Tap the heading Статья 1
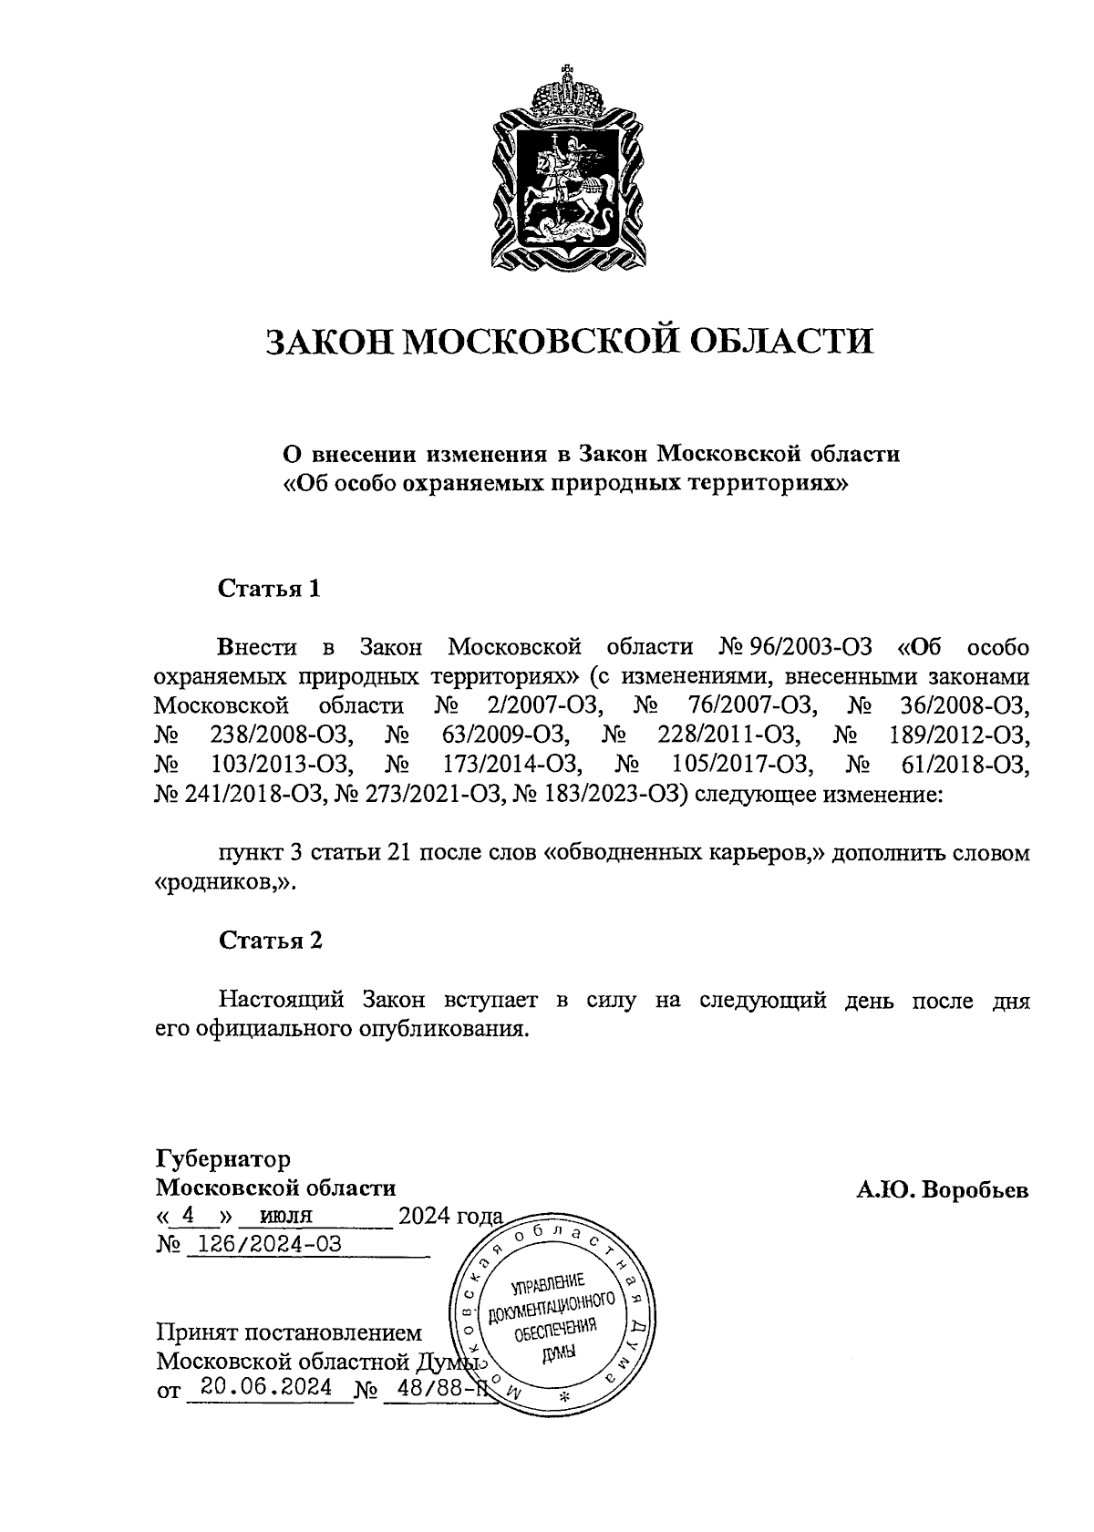click(x=269, y=589)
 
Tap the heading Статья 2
click(x=270, y=941)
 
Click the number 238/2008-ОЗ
click(x=274, y=735)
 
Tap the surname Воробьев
click(x=975, y=1189)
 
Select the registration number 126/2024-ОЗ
click(x=264, y=1244)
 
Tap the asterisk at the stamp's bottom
click(x=562, y=1397)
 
